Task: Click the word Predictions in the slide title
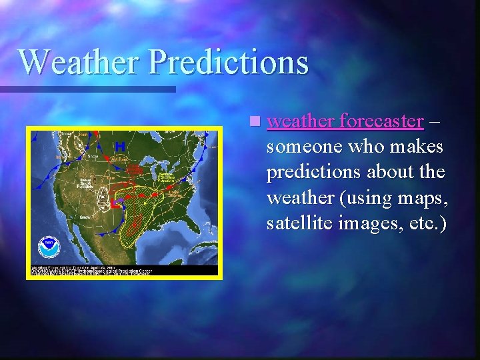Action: point(229,62)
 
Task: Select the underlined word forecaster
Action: point(381,121)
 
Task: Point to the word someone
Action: point(304,147)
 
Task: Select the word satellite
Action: point(297,223)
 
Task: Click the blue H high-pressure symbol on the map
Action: point(120,146)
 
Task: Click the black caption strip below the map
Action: point(124,270)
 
